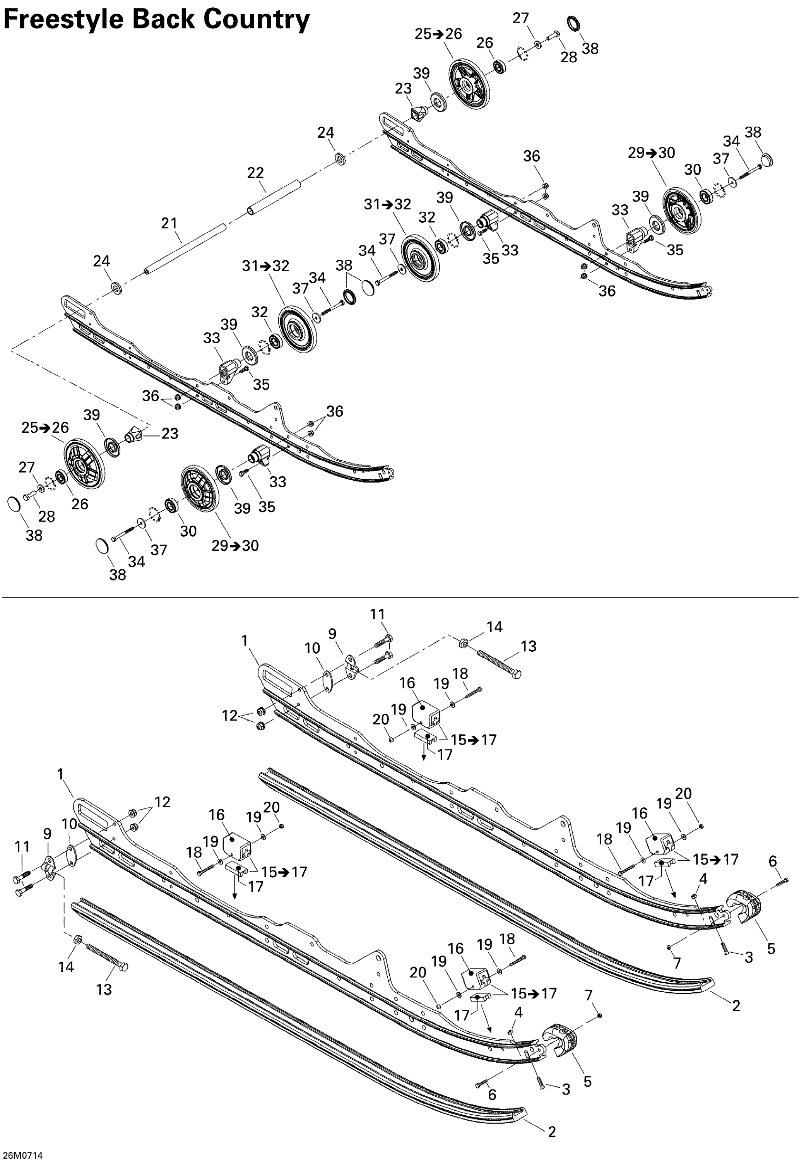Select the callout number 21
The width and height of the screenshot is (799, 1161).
click(x=169, y=223)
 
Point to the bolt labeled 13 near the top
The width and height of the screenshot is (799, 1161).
click(x=499, y=663)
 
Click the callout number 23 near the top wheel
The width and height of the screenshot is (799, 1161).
click(x=403, y=89)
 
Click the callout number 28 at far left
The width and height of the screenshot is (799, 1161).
click(x=46, y=516)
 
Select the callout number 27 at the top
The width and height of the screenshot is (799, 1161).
click(x=521, y=18)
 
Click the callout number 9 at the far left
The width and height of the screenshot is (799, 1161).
click(x=47, y=834)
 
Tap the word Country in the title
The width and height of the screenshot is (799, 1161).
click(x=256, y=20)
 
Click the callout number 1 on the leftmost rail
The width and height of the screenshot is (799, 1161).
click(x=61, y=774)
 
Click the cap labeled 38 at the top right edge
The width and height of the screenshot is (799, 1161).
click(x=766, y=160)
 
